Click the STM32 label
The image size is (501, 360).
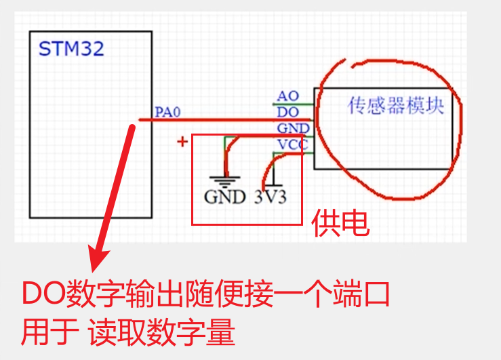tap(71, 49)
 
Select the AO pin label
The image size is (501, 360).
tap(287, 97)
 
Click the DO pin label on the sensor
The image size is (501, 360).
tap(287, 112)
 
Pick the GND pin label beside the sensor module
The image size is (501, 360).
tap(293, 128)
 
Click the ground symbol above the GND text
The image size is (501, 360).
tap(224, 180)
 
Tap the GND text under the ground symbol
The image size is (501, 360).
tap(224, 197)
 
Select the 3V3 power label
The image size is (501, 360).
tap(270, 197)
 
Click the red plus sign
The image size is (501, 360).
tap(182, 142)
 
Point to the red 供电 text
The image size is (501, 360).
tap(340, 224)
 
